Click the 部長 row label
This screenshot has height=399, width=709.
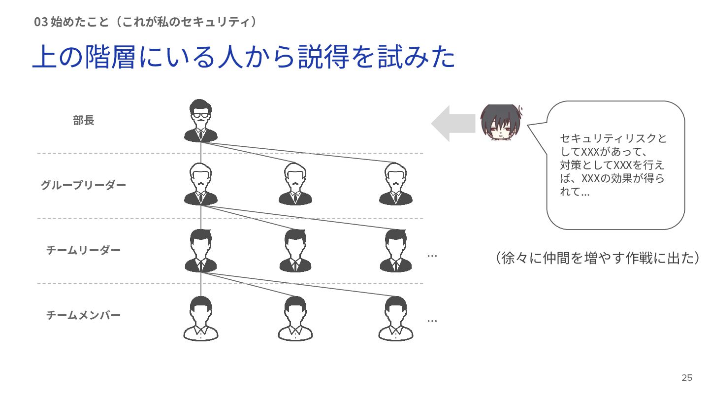83,121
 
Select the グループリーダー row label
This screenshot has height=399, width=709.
83,186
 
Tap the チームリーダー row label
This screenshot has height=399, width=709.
83,250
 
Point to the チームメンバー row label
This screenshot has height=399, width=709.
83,315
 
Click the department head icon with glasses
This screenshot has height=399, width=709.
200,121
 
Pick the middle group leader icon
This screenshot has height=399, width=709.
295,184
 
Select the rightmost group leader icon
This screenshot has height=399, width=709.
396,184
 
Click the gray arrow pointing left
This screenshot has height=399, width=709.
453,123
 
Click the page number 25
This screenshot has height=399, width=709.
687,378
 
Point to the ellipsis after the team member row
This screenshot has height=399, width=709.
432,321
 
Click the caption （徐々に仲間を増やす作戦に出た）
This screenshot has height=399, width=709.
597,258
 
